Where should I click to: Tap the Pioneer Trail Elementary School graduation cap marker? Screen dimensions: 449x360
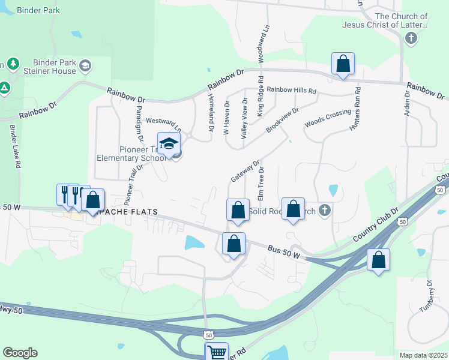pyautogui.click(x=169, y=143)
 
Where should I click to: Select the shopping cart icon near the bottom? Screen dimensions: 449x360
pyautogui.click(x=216, y=352)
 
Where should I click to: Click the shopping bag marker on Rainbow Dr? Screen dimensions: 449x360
pyautogui.click(x=343, y=64)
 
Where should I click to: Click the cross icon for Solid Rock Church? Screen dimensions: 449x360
pyautogui.click(x=325, y=210)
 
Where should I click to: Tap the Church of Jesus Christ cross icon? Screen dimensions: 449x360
pyautogui.click(x=411, y=39)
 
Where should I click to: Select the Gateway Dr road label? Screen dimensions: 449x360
pyautogui.click(x=244, y=171)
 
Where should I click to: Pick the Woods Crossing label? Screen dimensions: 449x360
pyautogui.click(x=327, y=118)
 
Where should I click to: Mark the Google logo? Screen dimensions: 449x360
pyautogui.click(x=20, y=353)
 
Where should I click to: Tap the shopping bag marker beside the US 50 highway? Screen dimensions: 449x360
pyautogui.click(x=378, y=260)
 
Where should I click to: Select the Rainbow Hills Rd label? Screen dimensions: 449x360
pyautogui.click(x=291, y=90)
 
